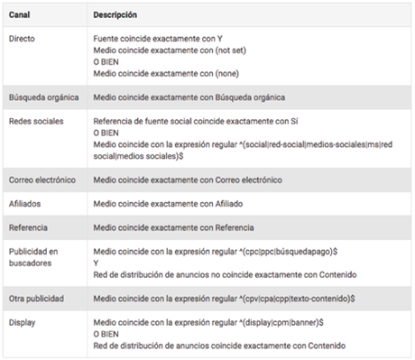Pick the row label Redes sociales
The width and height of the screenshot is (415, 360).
34,120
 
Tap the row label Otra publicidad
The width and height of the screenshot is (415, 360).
35,297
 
